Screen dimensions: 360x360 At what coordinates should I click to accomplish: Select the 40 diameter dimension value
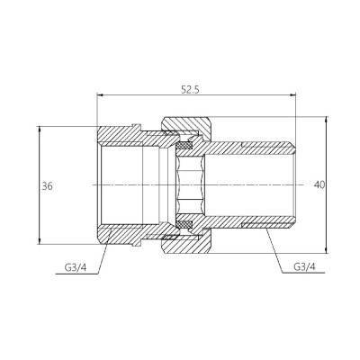(x=319, y=184)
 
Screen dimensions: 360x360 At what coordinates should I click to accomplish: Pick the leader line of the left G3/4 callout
(x=102, y=247)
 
